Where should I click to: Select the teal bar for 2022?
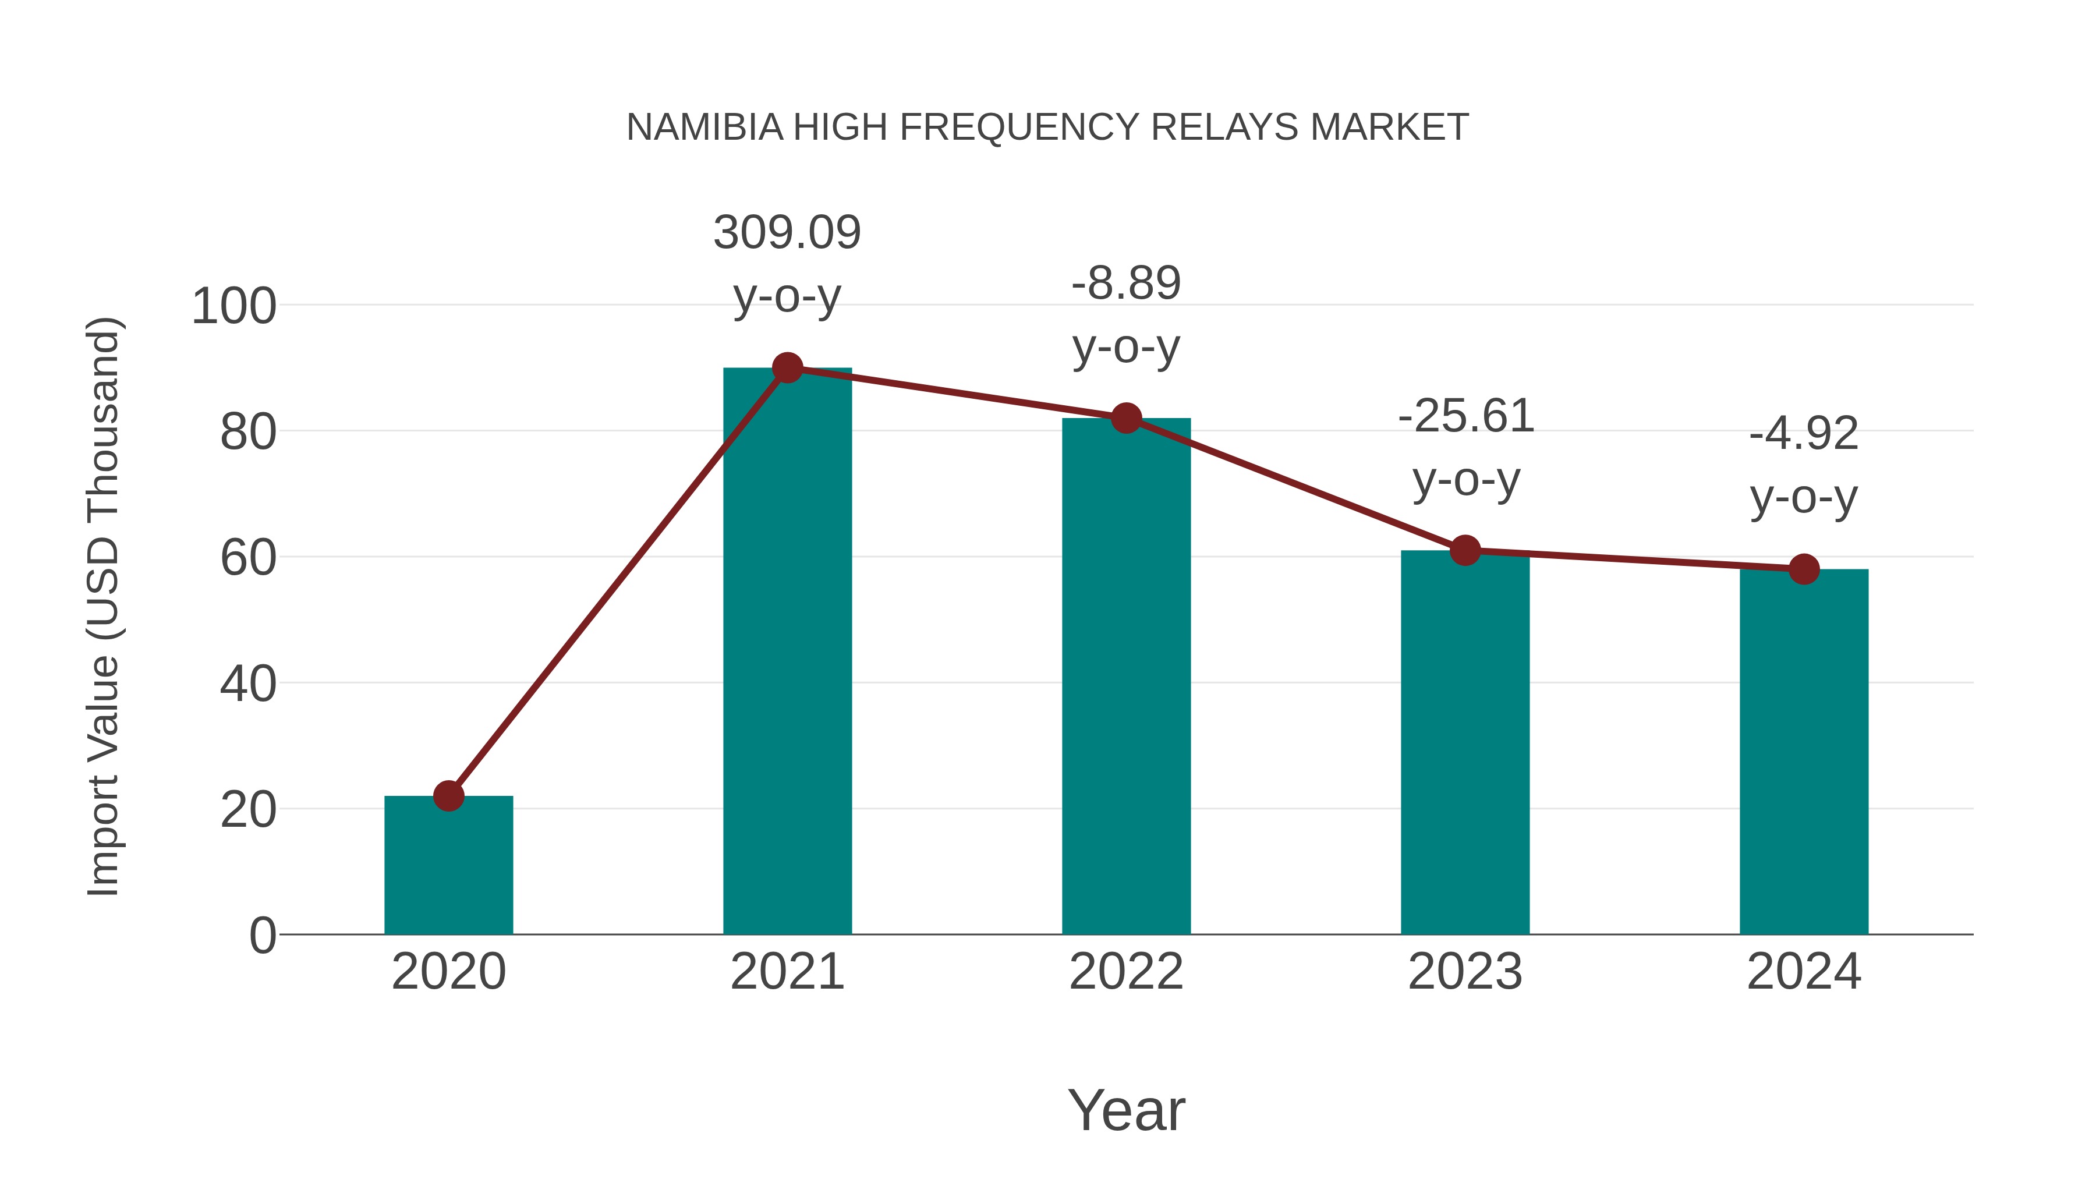tap(1126, 675)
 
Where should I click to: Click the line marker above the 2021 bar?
tap(787, 368)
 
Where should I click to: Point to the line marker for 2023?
tap(1465, 551)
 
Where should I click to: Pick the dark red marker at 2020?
tap(448, 796)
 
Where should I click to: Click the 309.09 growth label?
tap(787, 233)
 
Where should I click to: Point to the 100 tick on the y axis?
tap(233, 307)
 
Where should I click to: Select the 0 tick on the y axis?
tap(262, 936)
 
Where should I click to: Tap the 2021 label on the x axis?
tap(787, 972)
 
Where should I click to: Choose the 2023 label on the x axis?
tap(1465, 972)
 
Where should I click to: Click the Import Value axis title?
tap(103, 606)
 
